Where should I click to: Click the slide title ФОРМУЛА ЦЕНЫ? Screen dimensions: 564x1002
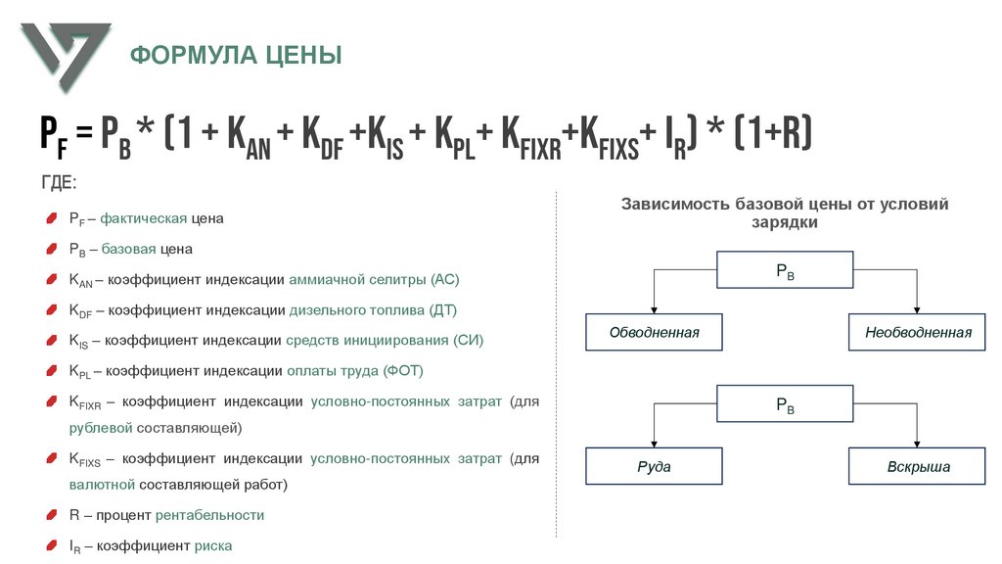click(237, 55)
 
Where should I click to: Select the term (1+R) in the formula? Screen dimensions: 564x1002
click(773, 132)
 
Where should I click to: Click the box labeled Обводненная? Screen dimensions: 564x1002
click(654, 332)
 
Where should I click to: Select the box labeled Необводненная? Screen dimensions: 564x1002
click(918, 332)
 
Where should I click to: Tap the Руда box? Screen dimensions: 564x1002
click(654, 466)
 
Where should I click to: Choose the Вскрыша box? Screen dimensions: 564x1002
click(918, 466)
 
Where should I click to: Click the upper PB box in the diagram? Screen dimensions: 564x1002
click(785, 269)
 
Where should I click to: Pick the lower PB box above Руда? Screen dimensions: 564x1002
click(785, 403)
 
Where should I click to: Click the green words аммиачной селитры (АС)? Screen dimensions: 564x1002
click(374, 279)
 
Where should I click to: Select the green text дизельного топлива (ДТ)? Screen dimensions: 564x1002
click(373, 309)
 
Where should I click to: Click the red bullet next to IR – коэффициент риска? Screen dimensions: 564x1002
click(51, 545)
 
